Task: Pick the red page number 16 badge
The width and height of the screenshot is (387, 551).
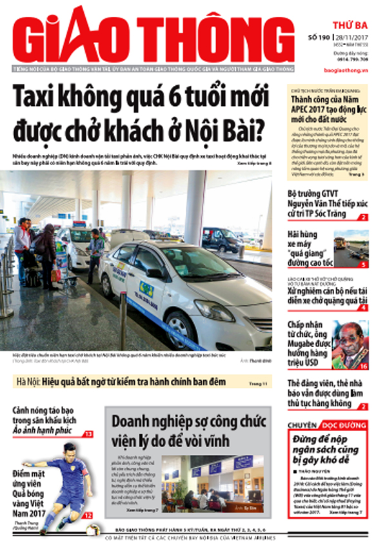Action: [363, 366]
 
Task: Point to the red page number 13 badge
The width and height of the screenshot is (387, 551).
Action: [87, 434]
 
